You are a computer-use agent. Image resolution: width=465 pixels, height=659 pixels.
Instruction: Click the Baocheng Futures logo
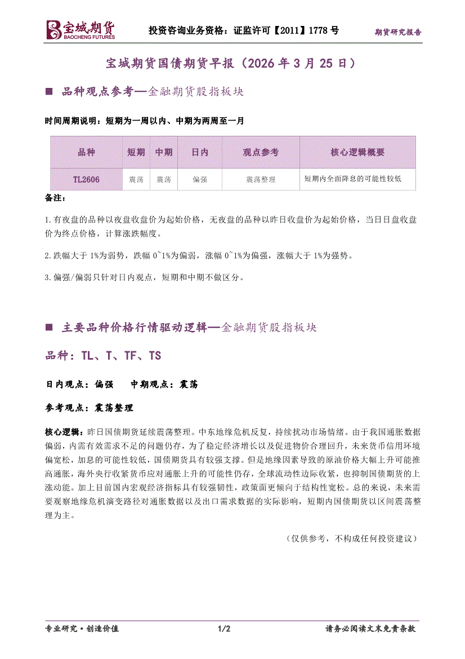pos(80,29)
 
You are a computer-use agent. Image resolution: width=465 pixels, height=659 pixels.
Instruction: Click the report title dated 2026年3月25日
pos(232,63)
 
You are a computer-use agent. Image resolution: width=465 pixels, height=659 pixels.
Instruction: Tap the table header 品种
pos(86,152)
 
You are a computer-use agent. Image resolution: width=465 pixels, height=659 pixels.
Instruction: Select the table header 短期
pos(136,152)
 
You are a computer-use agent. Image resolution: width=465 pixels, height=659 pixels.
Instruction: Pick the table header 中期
pos(163,152)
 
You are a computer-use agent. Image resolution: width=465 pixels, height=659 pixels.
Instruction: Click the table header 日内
pos(200,152)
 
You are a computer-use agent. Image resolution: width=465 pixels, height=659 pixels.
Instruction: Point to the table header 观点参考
pos(261,152)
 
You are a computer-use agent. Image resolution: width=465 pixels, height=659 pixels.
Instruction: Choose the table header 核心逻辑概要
pos(357,152)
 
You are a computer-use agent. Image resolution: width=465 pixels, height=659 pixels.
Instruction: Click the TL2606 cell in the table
pos(86,179)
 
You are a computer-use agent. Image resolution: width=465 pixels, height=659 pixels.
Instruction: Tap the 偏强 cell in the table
pos(200,179)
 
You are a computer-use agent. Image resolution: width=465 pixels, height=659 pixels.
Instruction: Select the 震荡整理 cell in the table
pos(261,179)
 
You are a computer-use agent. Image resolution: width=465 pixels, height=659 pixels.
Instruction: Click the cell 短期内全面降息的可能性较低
pos(352,179)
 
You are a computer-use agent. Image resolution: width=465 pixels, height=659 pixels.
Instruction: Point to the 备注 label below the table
pos(55,198)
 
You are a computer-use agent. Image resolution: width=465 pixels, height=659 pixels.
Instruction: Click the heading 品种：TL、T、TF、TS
pos(103,356)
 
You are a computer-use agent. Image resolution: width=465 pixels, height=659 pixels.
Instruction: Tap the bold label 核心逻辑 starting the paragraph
pos(64,432)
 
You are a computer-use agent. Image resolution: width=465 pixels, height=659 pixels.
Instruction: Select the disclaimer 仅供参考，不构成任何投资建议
pos(352,538)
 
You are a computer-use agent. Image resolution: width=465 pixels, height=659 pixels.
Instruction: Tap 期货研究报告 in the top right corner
pos(398,32)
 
